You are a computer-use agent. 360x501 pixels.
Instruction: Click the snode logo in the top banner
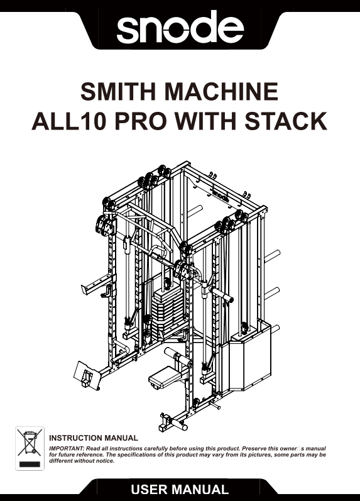coord(180,27)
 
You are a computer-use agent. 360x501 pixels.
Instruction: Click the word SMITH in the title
coord(118,92)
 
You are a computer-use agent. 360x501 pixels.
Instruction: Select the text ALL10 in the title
coord(68,121)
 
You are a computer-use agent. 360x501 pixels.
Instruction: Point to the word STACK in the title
coord(286,121)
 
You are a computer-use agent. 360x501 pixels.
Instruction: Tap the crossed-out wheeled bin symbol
coord(30,443)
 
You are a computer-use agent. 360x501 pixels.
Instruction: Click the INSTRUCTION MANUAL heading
coord(94,438)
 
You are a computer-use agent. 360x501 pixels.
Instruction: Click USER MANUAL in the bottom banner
coord(180,490)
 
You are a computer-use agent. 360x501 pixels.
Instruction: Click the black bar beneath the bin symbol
coord(30,464)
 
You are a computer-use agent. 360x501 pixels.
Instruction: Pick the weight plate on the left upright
coord(104,225)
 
